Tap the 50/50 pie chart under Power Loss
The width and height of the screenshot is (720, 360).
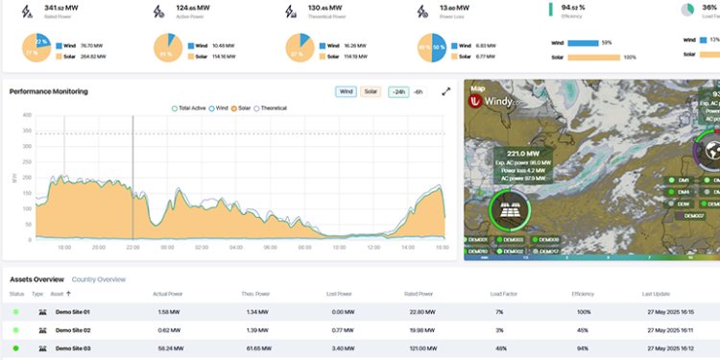(x=430, y=49)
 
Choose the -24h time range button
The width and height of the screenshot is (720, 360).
(x=397, y=92)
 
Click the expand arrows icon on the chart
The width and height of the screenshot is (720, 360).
(x=446, y=92)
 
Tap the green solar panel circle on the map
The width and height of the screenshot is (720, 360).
(x=510, y=208)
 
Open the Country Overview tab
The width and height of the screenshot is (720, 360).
(x=99, y=279)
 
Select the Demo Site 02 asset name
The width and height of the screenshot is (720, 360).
(x=72, y=329)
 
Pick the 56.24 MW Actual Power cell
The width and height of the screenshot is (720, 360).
(x=168, y=348)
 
